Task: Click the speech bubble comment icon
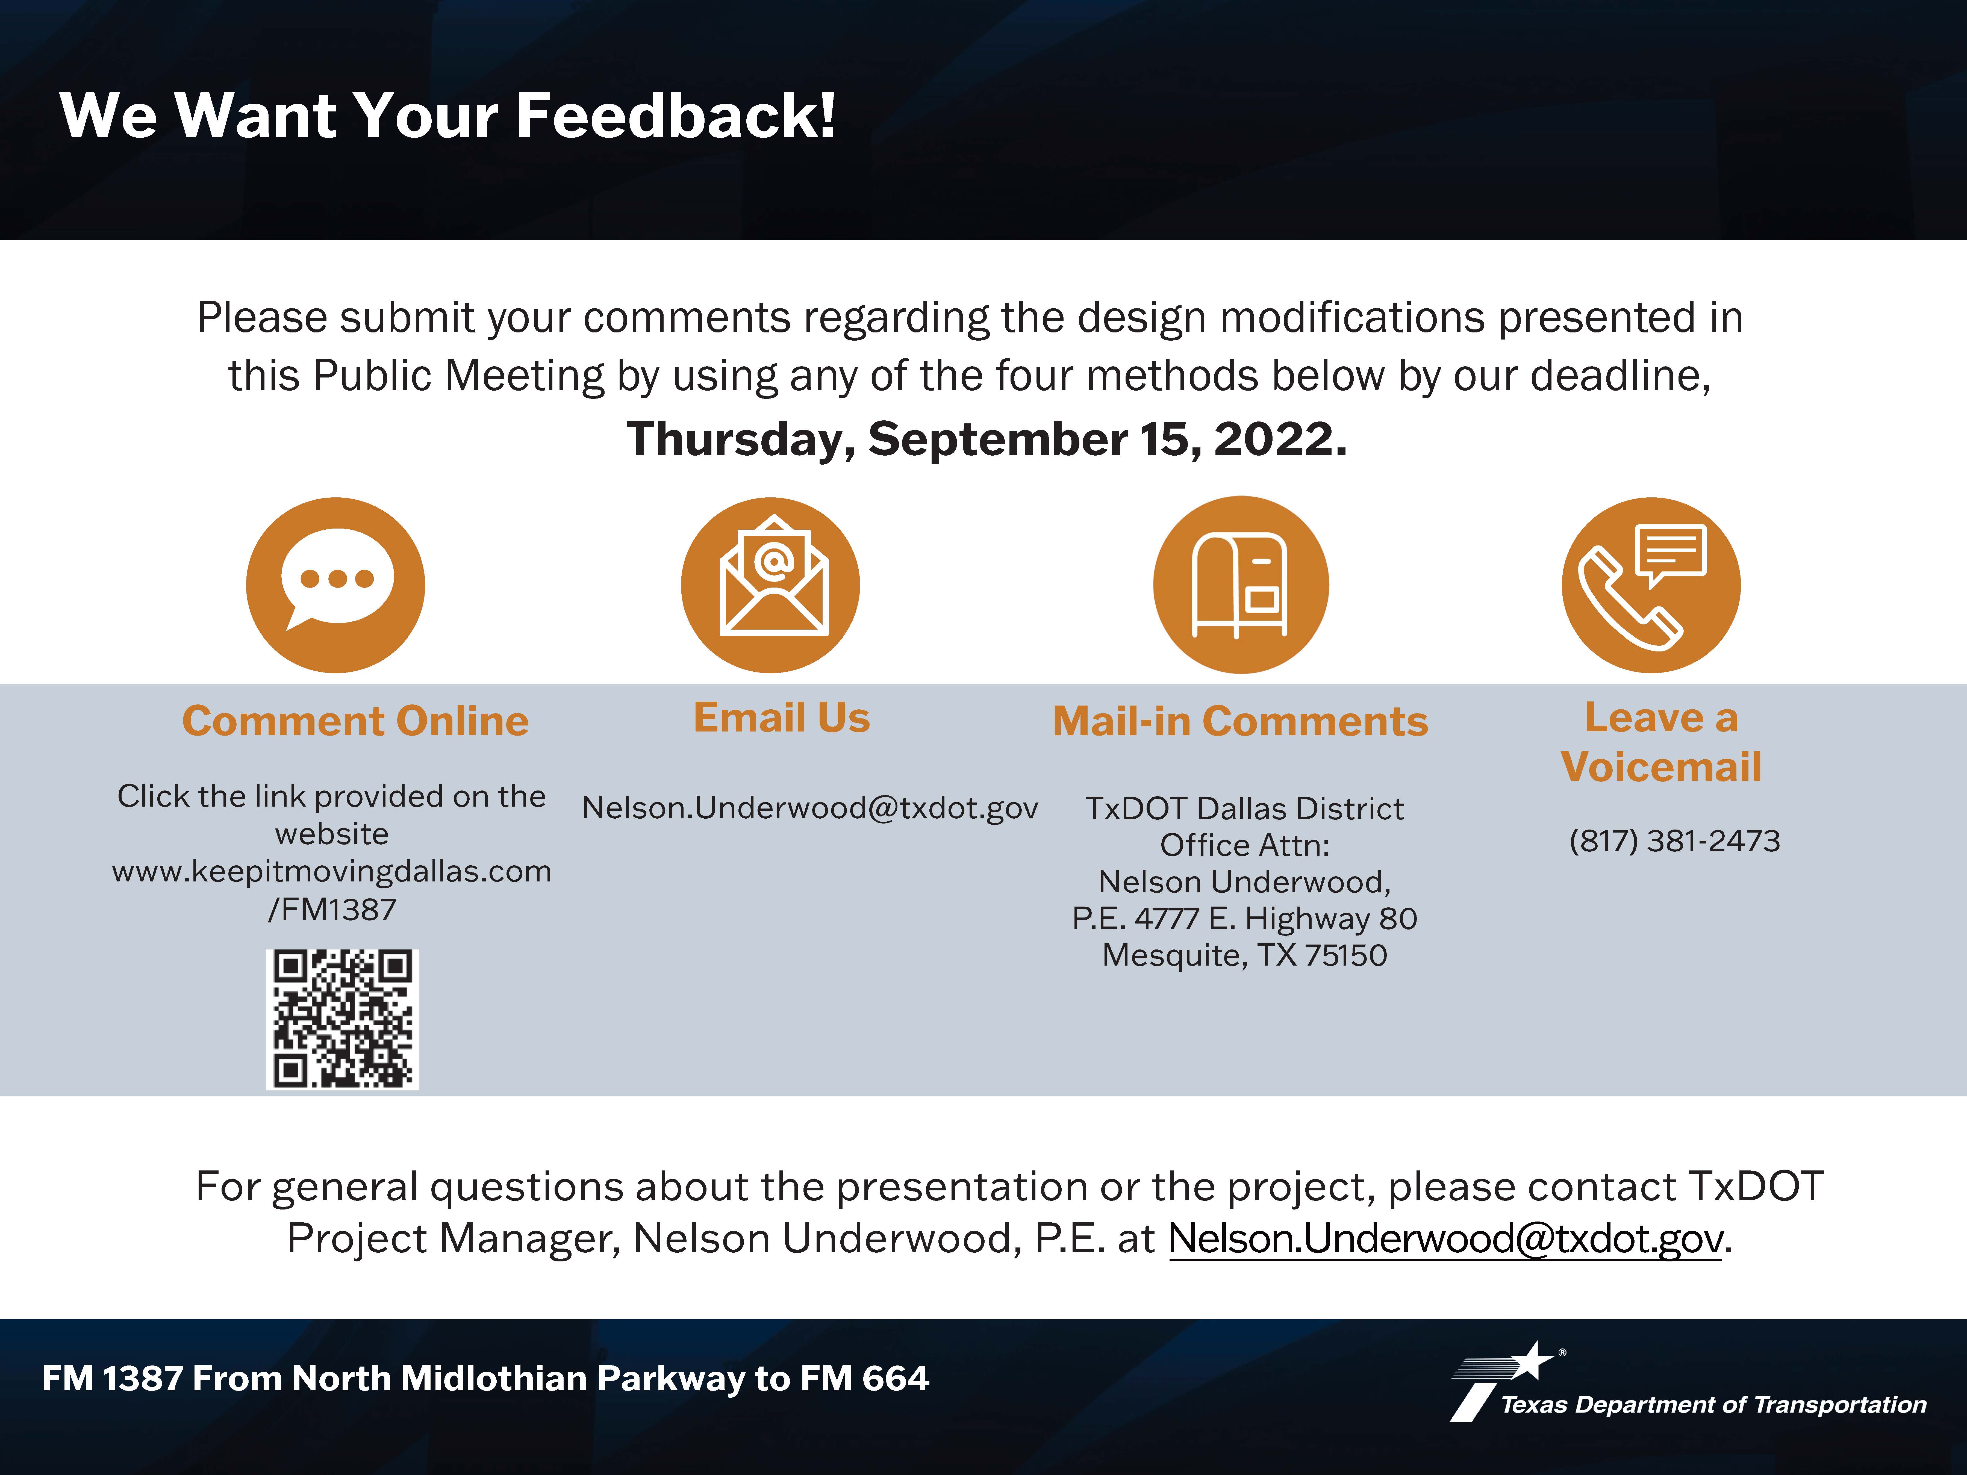(335, 585)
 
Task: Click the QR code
(342, 1019)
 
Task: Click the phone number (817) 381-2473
(1674, 840)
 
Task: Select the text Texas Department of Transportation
(1713, 1405)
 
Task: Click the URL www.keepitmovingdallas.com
(332, 871)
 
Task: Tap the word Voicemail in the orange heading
(1661, 766)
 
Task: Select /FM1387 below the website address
(332, 910)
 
